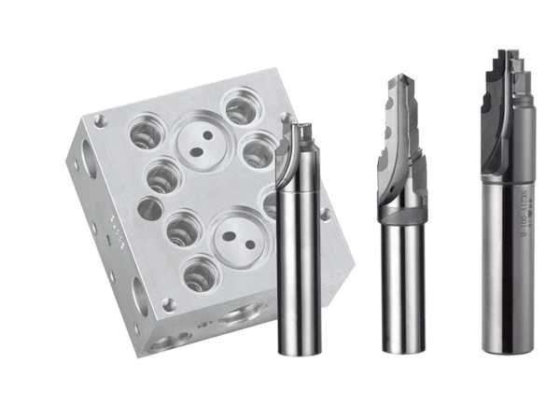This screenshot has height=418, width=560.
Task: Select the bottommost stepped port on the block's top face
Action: pyautogui.click(x=199, y=274)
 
